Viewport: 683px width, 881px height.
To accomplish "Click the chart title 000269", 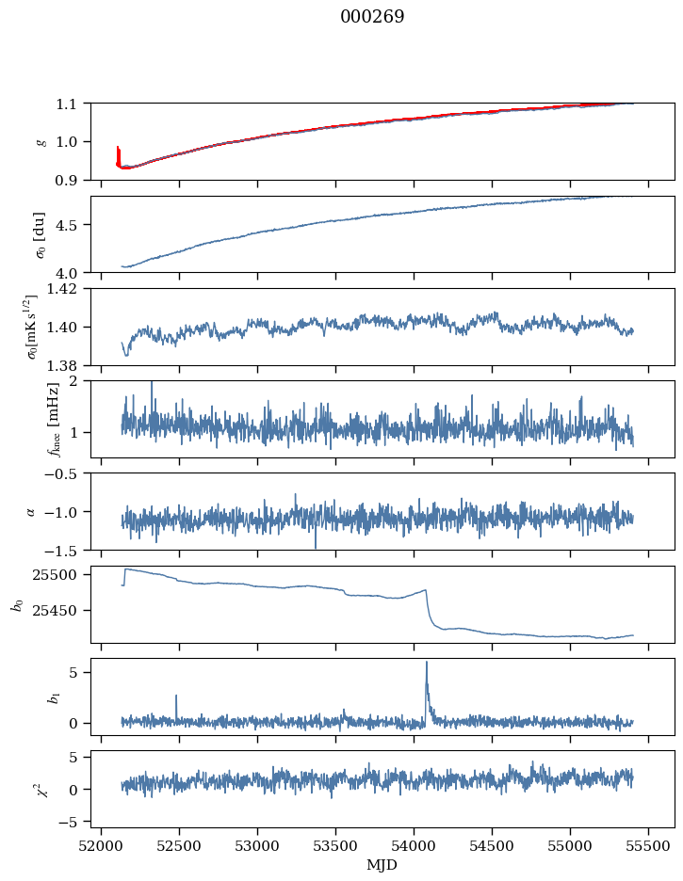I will point(372,17).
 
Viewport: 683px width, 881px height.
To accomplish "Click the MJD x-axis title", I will point(382,865).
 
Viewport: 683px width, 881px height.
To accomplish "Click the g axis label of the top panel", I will point(41,141).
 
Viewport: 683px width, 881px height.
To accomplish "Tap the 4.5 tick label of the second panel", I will point(73,225).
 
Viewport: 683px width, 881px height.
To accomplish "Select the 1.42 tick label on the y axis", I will point(69,289).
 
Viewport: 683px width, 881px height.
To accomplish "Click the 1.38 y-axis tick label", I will point(69,365).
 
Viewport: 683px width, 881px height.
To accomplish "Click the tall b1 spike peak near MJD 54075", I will point(427,662).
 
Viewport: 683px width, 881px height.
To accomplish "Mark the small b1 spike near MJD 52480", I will point(176,696).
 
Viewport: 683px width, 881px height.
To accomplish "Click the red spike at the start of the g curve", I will point(118,148).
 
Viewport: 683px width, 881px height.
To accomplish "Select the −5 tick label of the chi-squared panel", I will point(73,823).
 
